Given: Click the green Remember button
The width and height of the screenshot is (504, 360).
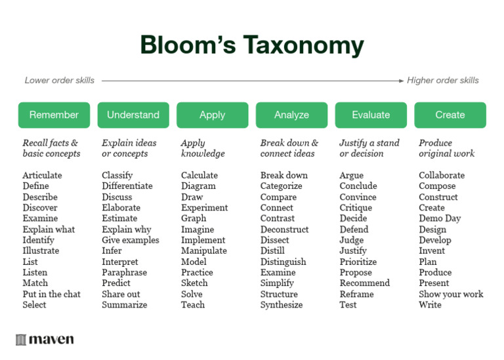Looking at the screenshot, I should coord(54,115).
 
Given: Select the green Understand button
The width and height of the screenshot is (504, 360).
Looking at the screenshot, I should coord(133,115).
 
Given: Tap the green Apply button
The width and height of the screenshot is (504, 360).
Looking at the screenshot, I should coord(212,115).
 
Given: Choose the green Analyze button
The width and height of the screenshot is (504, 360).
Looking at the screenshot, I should coord(291,115).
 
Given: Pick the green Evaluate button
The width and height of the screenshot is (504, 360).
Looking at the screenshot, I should coord(371,115).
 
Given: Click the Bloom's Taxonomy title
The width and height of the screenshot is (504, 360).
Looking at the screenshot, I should coord(252,45).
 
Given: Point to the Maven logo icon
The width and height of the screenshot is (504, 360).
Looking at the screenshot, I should coord(21,340).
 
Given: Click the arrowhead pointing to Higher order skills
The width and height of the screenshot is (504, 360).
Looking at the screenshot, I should coord(401,81).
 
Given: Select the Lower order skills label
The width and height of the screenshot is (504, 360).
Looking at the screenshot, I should coord(60,81).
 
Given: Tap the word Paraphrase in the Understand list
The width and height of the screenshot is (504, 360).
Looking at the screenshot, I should coord(124,272).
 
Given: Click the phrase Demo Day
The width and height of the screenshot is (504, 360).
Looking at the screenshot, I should coord(440,218).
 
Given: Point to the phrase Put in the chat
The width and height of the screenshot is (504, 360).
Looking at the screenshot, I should coord(51,294).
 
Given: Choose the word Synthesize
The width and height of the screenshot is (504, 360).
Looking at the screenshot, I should coord(282,304).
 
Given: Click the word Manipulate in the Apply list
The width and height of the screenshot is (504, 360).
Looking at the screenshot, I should coord(203,250).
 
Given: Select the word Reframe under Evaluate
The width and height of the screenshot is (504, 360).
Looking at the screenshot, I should coord(356,294).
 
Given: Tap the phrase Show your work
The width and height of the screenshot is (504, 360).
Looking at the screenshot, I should coord(451,294).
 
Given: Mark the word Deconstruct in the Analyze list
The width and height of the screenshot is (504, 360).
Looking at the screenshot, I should coord(284,230).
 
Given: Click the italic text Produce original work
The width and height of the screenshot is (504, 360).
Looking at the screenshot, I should coord(446,148).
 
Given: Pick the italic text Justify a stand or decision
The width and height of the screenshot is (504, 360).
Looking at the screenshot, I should coord(369,148).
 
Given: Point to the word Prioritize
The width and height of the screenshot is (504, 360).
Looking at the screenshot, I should coord(358,262).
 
